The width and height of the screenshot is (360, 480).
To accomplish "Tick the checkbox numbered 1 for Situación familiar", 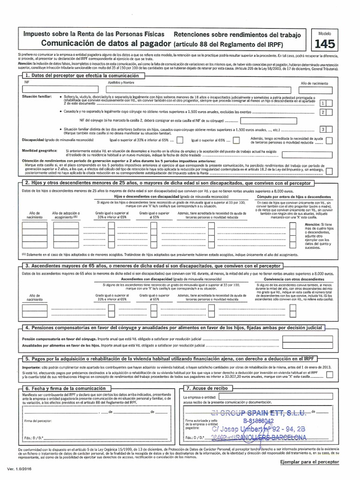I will pyautogui.click(x=323, y=103).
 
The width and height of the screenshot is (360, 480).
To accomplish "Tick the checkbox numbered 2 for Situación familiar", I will pyautogui.click(x=323, y=112).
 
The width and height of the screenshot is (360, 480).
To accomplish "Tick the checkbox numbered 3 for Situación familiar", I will pyautogui.click(x=323, y=129).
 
